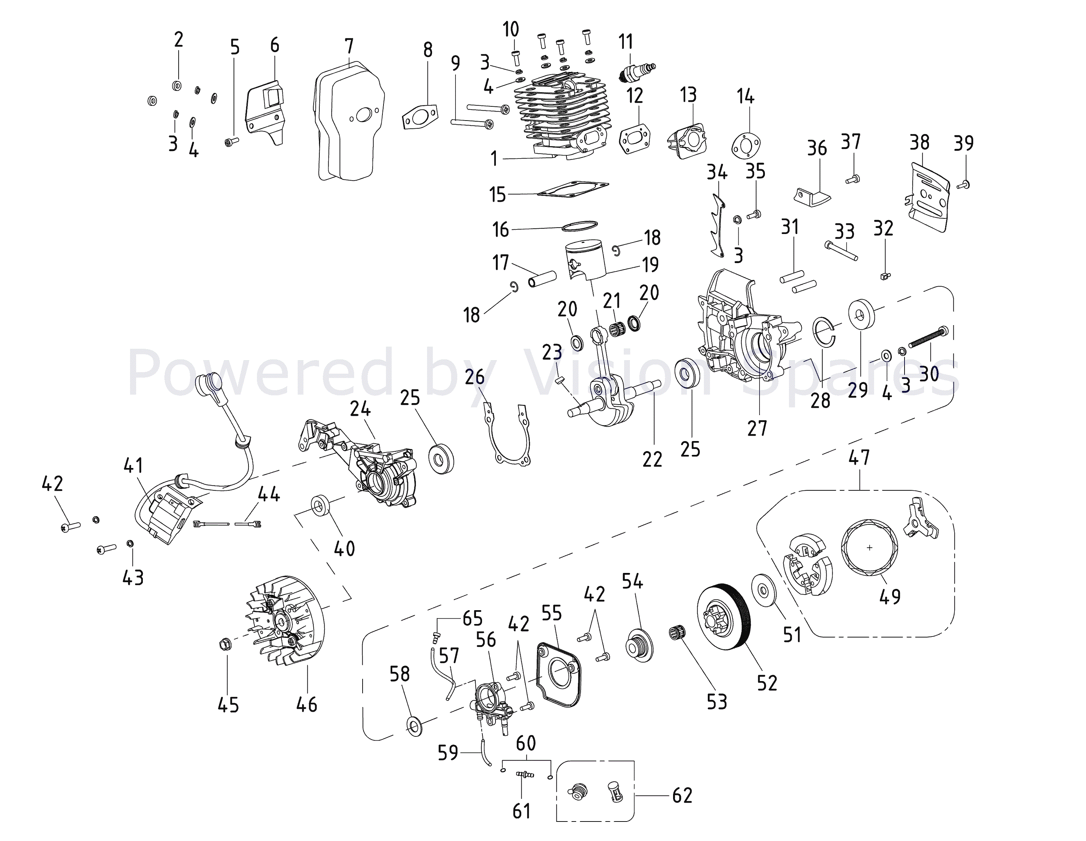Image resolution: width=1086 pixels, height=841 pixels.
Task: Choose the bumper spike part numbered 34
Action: (716, 226)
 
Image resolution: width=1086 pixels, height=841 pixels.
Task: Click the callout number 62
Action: (682, 795)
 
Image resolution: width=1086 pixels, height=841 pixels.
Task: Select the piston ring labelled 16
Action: (579, 226)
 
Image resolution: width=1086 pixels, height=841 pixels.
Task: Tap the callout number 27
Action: (757, 428)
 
